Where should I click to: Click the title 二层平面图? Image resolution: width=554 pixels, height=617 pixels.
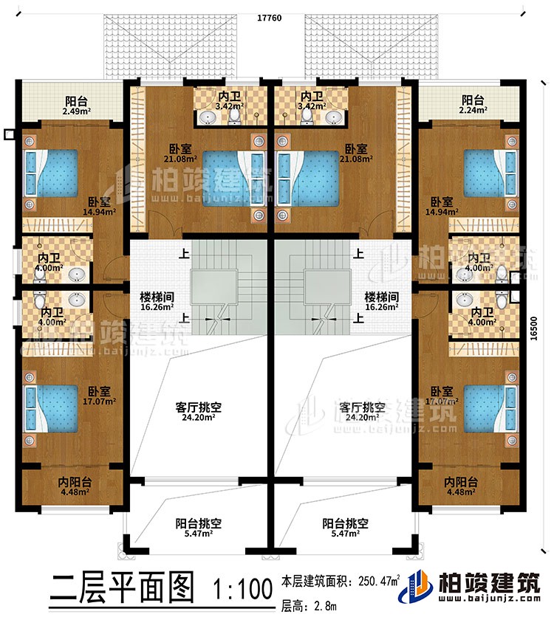pyautogui.click(x=123, y=590)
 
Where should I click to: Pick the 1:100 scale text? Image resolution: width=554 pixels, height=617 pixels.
pyautogui.click(x=242, y=590)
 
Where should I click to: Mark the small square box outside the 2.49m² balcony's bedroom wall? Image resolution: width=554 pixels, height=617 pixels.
pyautogui.click(x=9, y=135)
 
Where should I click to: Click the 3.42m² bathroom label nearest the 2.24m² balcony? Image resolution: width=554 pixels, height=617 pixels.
pyautogui.click(x=311, y=100)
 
